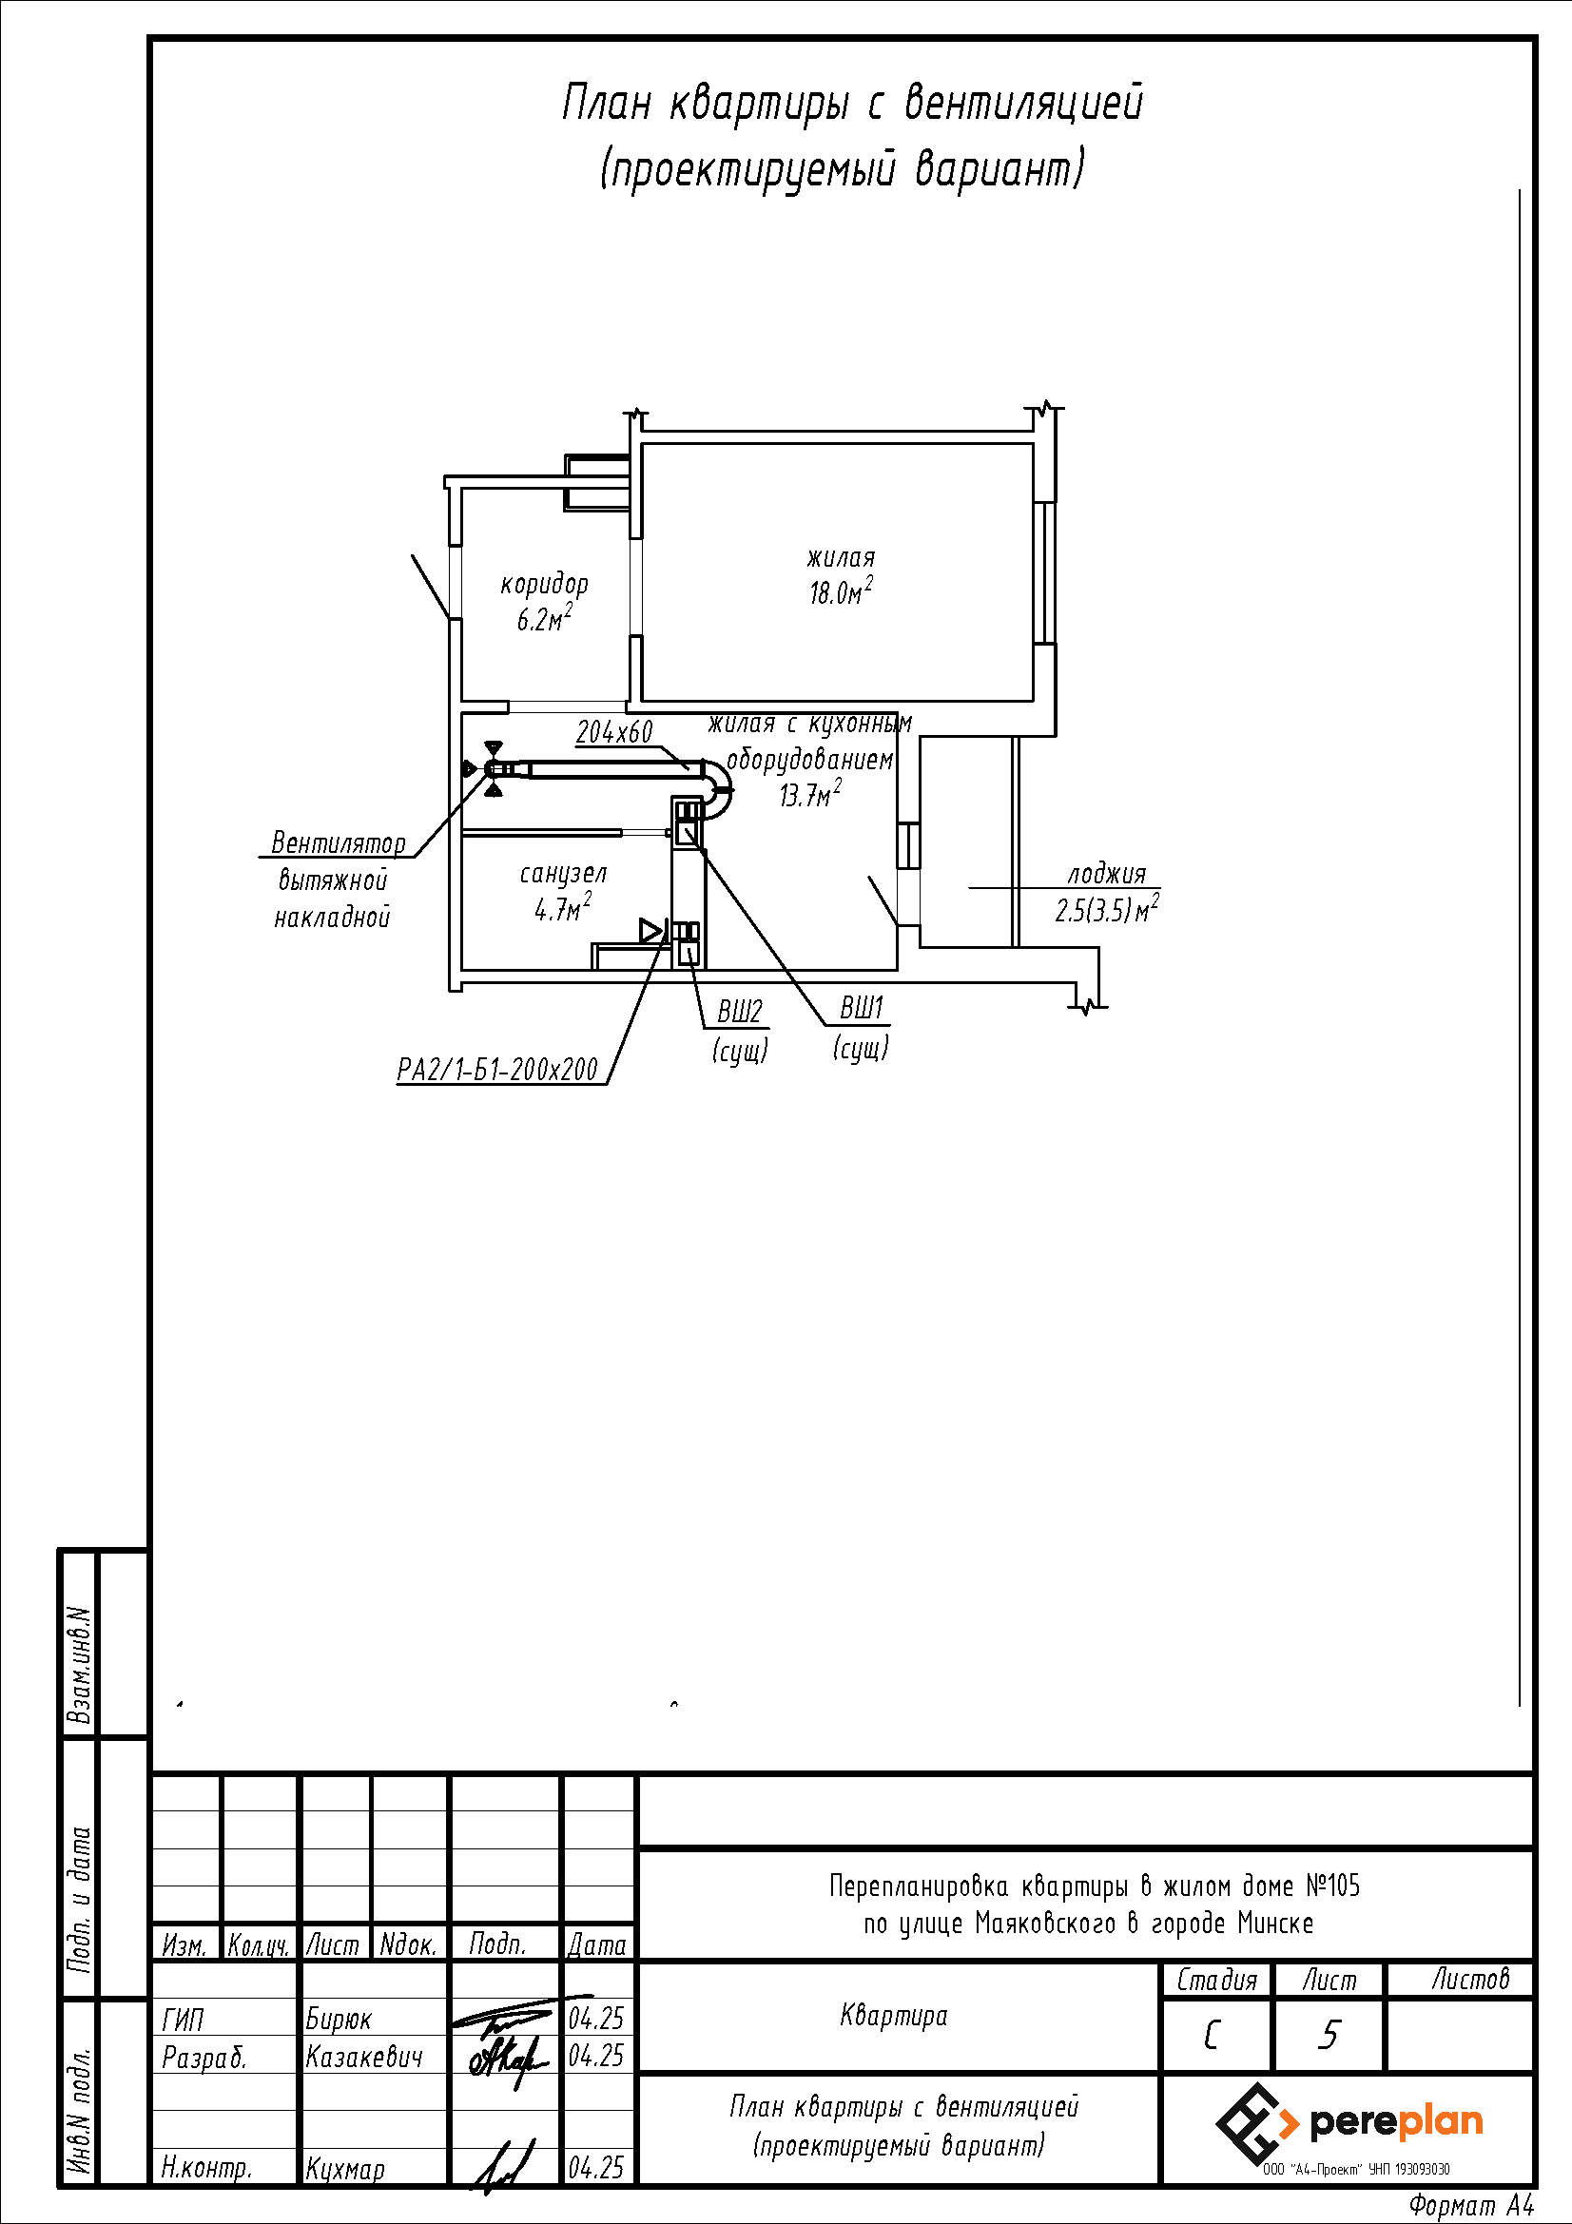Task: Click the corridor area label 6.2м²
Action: tap(543, 619)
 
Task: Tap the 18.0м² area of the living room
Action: tap(840, 590)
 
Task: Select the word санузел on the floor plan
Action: tap(563, 873)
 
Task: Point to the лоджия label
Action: tap(1106, 874)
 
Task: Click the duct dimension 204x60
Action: tap(614, 732)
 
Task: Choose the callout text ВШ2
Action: tap(739, 1013)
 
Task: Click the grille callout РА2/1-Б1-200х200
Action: tap(498, 1070)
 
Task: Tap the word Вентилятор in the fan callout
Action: tap(338, 842)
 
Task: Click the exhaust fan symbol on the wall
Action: tap(493, 769)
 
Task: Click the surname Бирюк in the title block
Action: tap(338, 2020)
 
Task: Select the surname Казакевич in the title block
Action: tap(364, 2057)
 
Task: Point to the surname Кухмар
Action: tap(345, 2169)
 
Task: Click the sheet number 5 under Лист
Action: tap(1329, 2035)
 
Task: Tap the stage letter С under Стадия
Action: tap(1212, 2035)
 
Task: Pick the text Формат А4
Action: tap(1471, 2206)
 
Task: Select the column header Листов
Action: tap(1470, 1979)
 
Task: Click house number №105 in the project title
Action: tap(1331, 1886)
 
